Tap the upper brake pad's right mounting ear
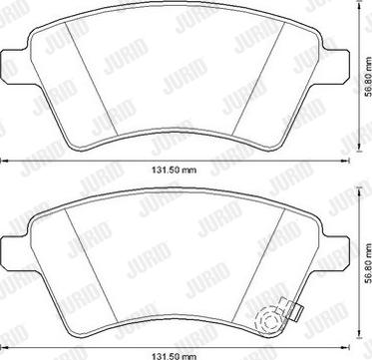tap(336, 67)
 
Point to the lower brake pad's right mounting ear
tap(336, 253)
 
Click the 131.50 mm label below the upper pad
tap(175, 171)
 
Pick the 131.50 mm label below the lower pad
tap(175, 356)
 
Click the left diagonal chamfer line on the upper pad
tap(92, 79)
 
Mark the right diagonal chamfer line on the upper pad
tap(258, 79)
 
